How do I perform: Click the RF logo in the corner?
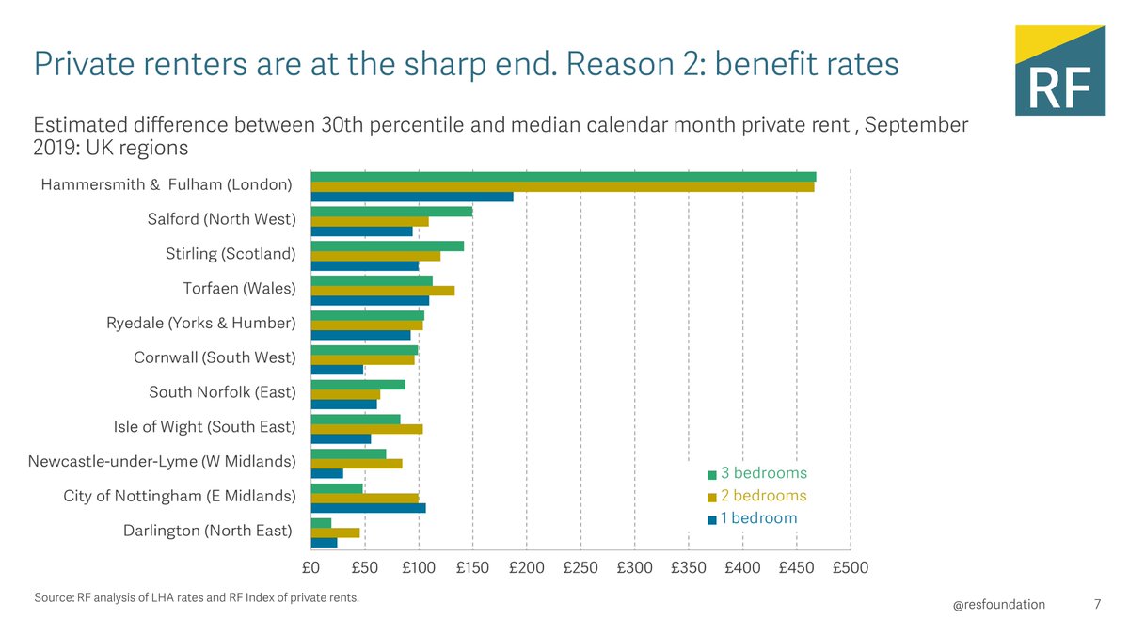1059,71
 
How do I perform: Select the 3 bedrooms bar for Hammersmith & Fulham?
563,177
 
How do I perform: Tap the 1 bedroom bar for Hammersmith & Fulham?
411,197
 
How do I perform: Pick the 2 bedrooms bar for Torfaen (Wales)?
382,290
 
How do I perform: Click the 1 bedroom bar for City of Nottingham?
368,508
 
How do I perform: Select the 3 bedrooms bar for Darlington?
321,522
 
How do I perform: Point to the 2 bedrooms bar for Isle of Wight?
366,429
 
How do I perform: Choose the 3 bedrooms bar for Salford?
390,211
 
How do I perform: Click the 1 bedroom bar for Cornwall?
337,370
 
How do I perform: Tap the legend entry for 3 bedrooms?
757,473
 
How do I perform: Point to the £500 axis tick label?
850,568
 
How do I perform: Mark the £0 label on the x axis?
310,568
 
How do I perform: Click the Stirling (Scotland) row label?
231,254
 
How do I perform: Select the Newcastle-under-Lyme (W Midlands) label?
162,461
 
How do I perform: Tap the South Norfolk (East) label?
222,392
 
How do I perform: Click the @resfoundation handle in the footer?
999,605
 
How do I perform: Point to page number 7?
1097,605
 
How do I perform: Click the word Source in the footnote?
54,597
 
